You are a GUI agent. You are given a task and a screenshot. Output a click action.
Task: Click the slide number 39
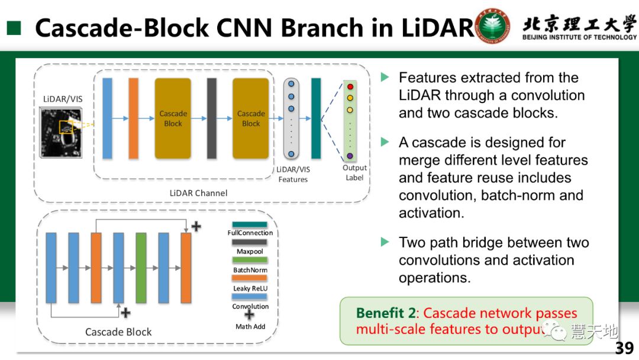coord(624,348)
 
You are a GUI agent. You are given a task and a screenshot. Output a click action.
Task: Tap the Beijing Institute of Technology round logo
coord(493,27)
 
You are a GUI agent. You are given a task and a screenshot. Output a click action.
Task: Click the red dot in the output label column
coord(350,87)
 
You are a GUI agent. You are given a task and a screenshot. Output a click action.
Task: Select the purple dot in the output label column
coord(350,156)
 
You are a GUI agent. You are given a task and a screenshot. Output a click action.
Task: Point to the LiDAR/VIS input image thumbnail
coord(61,132)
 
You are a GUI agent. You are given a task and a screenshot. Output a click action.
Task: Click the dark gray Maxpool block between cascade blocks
coord(212,118)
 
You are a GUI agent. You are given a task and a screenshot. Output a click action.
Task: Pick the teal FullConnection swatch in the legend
coord(250,224)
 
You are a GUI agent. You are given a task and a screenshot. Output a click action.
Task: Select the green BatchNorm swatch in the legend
coord(250,260)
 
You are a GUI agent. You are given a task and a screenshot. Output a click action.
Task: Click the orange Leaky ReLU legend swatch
coord(250,278)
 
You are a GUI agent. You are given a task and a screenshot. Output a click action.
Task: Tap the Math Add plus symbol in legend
coord(250,315)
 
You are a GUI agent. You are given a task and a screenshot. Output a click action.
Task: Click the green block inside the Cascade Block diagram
coord(141,268)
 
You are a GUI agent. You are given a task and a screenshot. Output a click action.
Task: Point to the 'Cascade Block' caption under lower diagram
coord(118,332)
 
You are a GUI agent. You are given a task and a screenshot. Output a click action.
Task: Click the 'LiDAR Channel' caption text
coord(198,193)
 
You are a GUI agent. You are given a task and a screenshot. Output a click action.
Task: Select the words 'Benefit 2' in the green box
coord(387,314)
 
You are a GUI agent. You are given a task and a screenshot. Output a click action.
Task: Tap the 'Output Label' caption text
coord(355,172)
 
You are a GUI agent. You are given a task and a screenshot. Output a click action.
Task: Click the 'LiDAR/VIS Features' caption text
coord(293,174)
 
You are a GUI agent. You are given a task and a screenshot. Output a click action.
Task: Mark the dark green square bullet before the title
coord(14,28)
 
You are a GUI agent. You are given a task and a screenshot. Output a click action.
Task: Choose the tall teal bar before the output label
coord(316,118)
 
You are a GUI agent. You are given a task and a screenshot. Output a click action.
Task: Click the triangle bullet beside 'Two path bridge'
coord(385,242)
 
